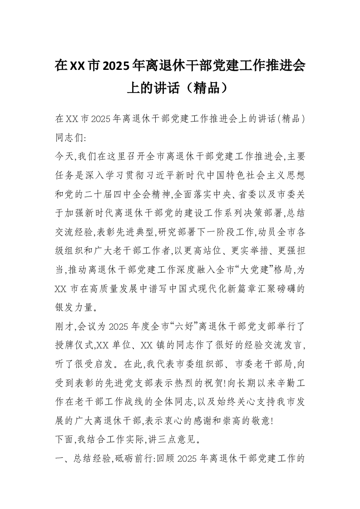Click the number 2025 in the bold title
tap(116, 66)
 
